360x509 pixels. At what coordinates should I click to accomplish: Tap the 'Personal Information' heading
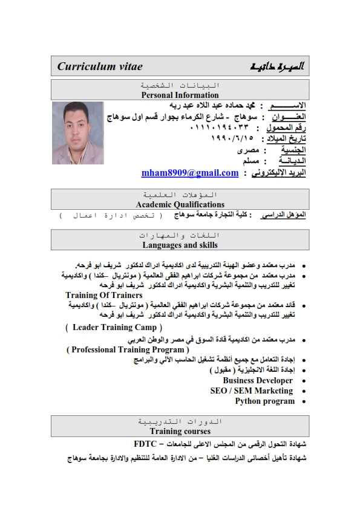[x=180, y=95]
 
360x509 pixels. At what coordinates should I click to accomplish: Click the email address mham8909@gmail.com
[x=189, y=173]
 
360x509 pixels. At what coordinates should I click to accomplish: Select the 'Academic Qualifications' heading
[x=180, y=204]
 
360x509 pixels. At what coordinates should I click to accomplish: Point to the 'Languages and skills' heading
[x=180, y=245]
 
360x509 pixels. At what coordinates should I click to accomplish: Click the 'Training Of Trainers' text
[x=103, y=295]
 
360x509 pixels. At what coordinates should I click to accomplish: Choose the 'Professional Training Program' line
[x=128, y=349]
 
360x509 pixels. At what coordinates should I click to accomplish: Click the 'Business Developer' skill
[x=258, y=380]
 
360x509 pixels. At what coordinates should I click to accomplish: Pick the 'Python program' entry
[x=264, y=401]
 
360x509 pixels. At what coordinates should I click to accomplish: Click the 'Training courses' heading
[x=180, y=431]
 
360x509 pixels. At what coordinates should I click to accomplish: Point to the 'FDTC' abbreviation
[x=145, y=443]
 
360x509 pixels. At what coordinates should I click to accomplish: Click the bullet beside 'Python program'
[x=303, y=401]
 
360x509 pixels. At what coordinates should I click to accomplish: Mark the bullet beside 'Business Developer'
[x=303, y=381]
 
